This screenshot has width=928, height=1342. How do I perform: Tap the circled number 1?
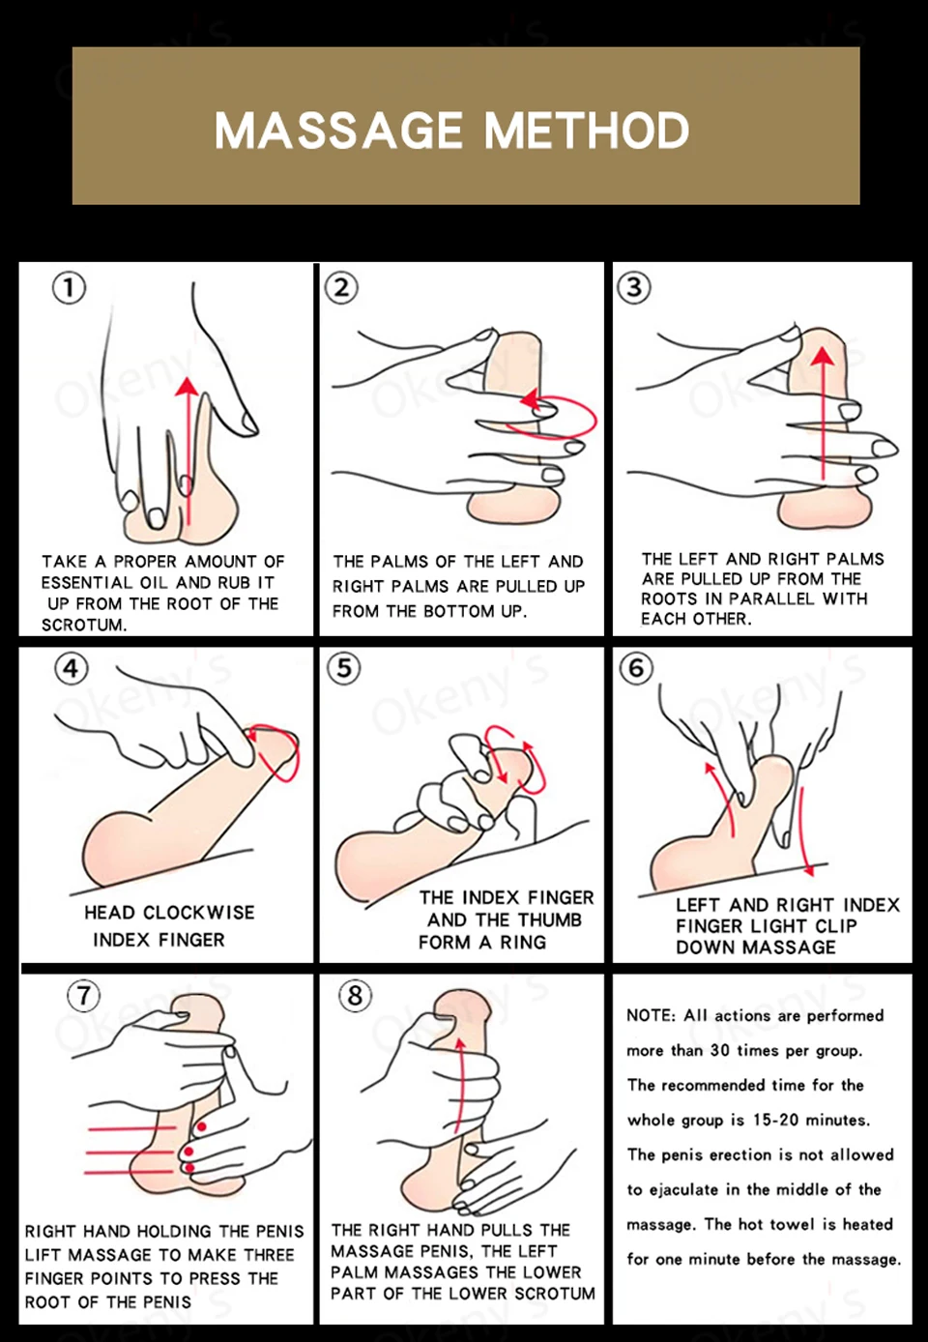tap(69, 288)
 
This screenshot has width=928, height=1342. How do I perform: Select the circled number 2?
tap(341, 287)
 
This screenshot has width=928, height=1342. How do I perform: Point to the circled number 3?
tap(634, 287)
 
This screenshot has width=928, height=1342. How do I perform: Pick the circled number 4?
tap(72, 668)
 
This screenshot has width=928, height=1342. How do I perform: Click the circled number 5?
tap(344, 668)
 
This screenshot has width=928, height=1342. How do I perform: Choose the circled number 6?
tap(636, 668)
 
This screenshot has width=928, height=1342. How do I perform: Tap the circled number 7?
tap(84, 996)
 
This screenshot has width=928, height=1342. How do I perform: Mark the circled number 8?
tap(356, 996)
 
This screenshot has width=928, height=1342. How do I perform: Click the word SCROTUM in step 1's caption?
tap(84, 625)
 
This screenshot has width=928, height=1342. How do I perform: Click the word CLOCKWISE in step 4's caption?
tap(199, 913)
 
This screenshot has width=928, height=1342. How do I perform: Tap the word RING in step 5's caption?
tap(523, 943)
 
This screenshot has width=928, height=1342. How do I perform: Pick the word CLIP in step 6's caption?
tap(836, 926)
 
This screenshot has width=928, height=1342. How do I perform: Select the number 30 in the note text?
tap(720, 1050)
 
